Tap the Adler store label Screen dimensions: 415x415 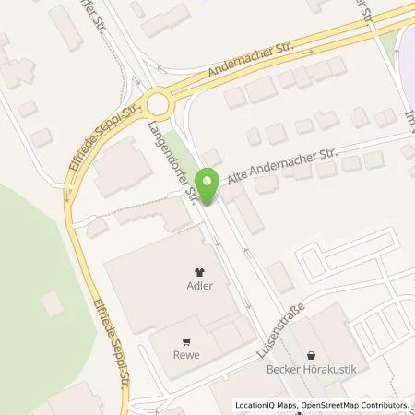coord(200,286)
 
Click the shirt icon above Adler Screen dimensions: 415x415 coord(200,271)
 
